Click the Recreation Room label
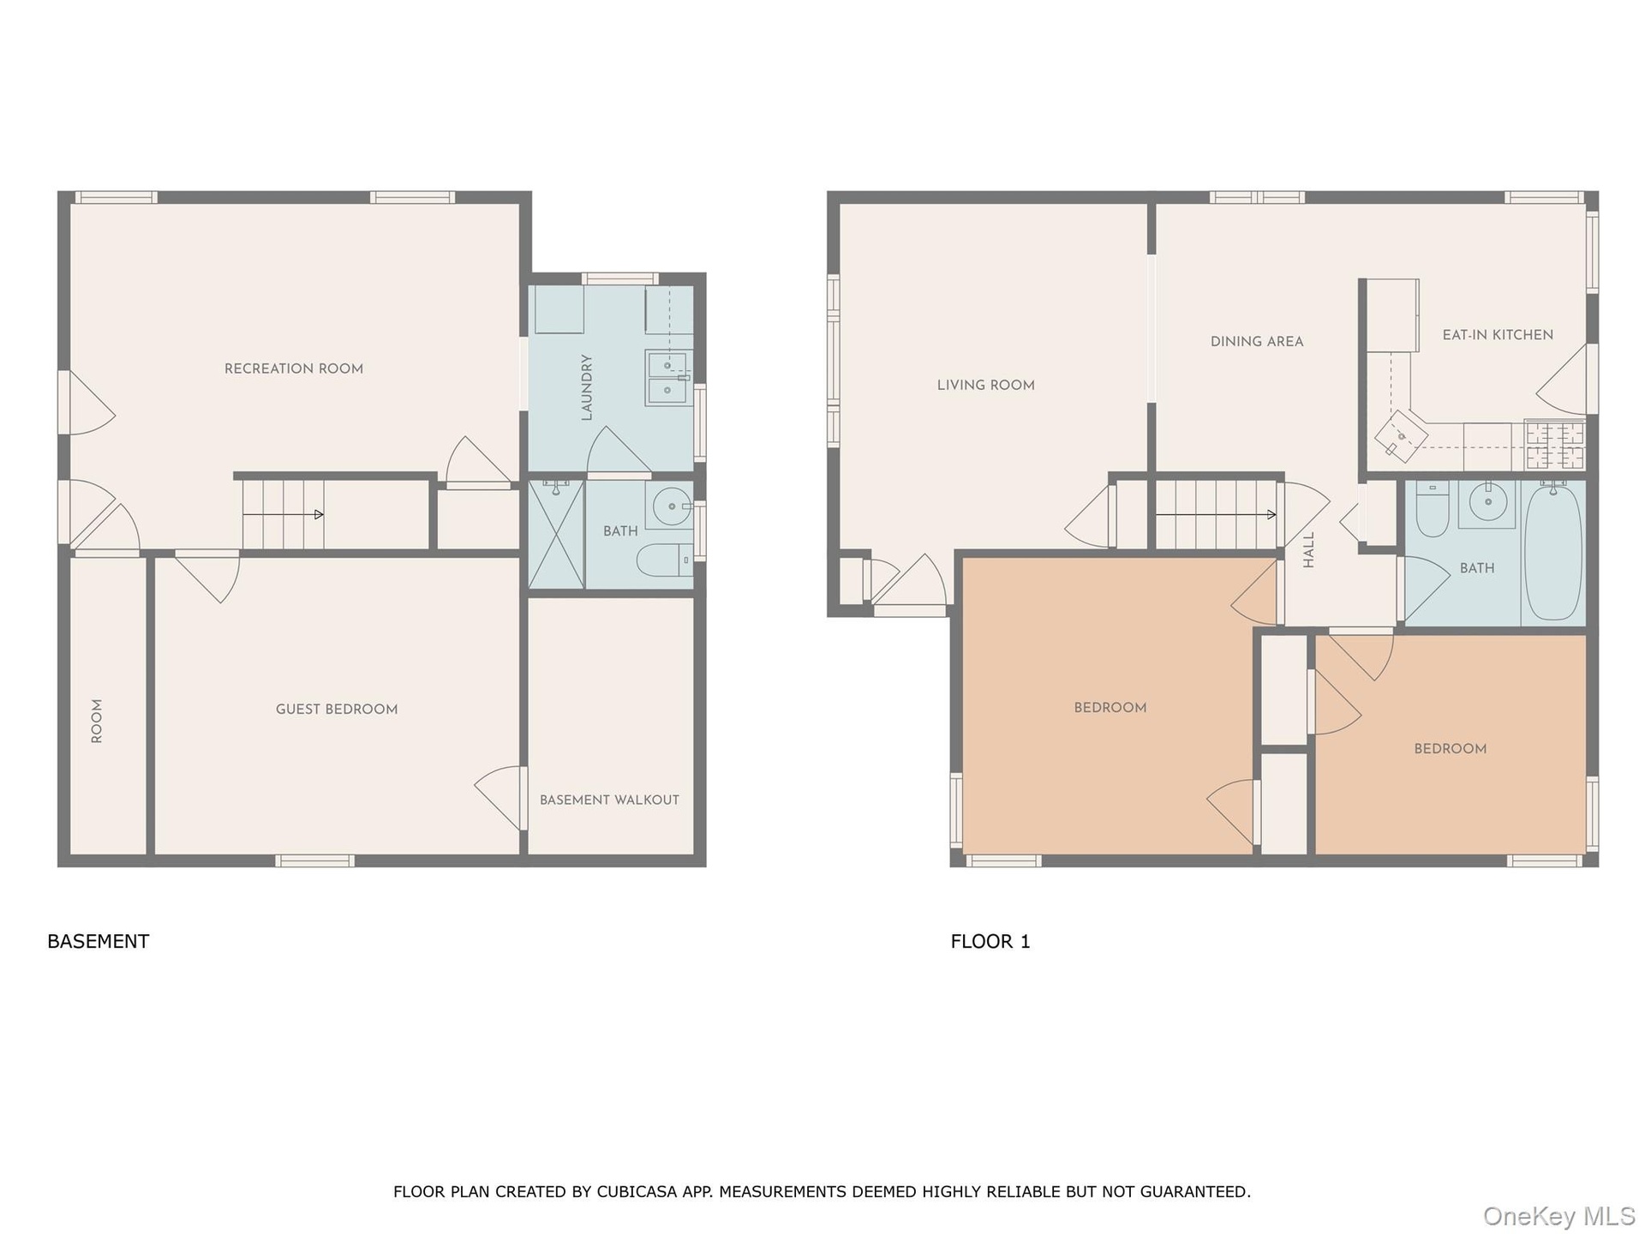tap(294, 368)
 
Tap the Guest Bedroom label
tap(337, 710)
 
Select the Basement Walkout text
tap(609, 800)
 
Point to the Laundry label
tap(587, 387)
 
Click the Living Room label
tap(986, 385)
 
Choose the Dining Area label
tap(1257, 341)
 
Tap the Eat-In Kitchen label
tap(1498, 335)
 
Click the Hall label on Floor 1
tap(1308, 550)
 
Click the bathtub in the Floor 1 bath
tap(1553, 551)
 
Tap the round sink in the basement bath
tap(671, 506)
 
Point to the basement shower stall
tap(556, 534)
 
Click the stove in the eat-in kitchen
tap(1555, 445)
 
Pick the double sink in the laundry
tap(667, 378)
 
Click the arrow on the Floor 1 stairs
tap(1216, 514)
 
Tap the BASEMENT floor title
tap(99, 941)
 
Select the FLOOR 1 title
tap(990, 941)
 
